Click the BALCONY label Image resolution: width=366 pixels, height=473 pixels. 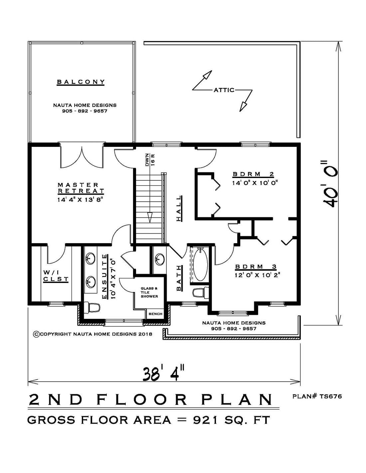81,82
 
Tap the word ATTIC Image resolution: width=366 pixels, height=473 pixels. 224,90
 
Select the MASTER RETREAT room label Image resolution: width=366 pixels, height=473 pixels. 81,188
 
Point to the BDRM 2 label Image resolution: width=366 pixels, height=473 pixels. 253,174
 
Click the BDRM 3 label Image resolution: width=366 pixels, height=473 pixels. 256,267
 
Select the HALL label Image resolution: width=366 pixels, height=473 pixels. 179,208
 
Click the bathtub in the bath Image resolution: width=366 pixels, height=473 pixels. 200,265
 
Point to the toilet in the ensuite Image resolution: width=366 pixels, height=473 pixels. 92,308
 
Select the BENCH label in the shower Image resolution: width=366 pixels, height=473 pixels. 155,314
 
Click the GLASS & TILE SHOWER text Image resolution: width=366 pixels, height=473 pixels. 149,292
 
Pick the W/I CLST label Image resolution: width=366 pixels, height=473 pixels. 56,275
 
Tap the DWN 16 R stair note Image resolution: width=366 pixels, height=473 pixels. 149,160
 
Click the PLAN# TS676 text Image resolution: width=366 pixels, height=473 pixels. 317,396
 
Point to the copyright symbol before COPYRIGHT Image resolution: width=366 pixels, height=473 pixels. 36,334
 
